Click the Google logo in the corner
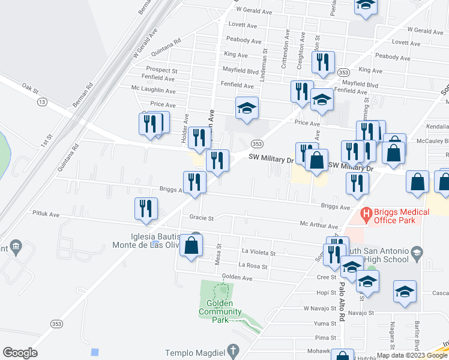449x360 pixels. [x=20, y=353]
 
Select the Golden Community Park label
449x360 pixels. [x=220, y=311]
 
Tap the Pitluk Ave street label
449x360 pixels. [x=46, y=214]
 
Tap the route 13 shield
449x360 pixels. [x=41, y=103]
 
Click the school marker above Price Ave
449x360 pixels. [x=247, y=108]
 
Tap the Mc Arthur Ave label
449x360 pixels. [x=319, y=226]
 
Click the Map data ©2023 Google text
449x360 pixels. [x=411, y=355]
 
